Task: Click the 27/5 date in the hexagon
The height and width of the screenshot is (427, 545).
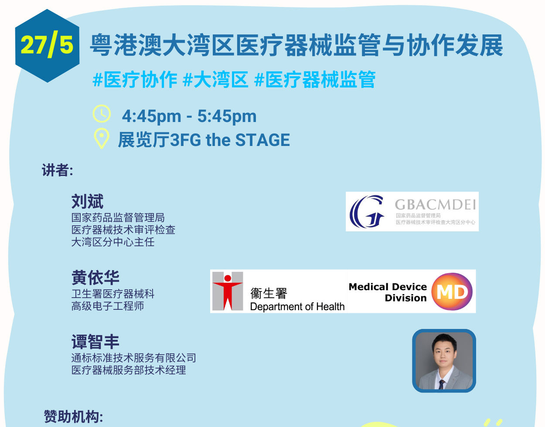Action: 47,44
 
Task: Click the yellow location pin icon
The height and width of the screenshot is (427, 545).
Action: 101,139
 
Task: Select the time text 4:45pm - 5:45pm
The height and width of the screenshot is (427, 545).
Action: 189,116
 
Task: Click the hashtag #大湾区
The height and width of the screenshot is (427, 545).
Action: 216,80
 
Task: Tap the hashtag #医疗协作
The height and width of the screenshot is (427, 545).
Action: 135,80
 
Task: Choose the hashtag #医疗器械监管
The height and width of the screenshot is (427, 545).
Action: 315,80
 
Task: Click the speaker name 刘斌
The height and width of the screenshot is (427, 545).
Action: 87,201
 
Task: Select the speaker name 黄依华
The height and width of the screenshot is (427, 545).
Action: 95,278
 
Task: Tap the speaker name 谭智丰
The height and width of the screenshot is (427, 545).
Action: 95,342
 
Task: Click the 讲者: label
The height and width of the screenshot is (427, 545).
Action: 58,170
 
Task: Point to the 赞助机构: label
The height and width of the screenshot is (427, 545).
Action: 73,417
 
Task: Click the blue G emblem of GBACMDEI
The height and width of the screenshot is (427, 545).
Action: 366,211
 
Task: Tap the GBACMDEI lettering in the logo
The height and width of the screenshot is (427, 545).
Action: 436,204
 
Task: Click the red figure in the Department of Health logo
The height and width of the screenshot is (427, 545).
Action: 228,292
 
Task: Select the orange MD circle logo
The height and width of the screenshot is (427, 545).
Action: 452,291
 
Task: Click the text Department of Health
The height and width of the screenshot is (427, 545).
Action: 297,307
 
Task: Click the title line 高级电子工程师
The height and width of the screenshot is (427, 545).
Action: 108,306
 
